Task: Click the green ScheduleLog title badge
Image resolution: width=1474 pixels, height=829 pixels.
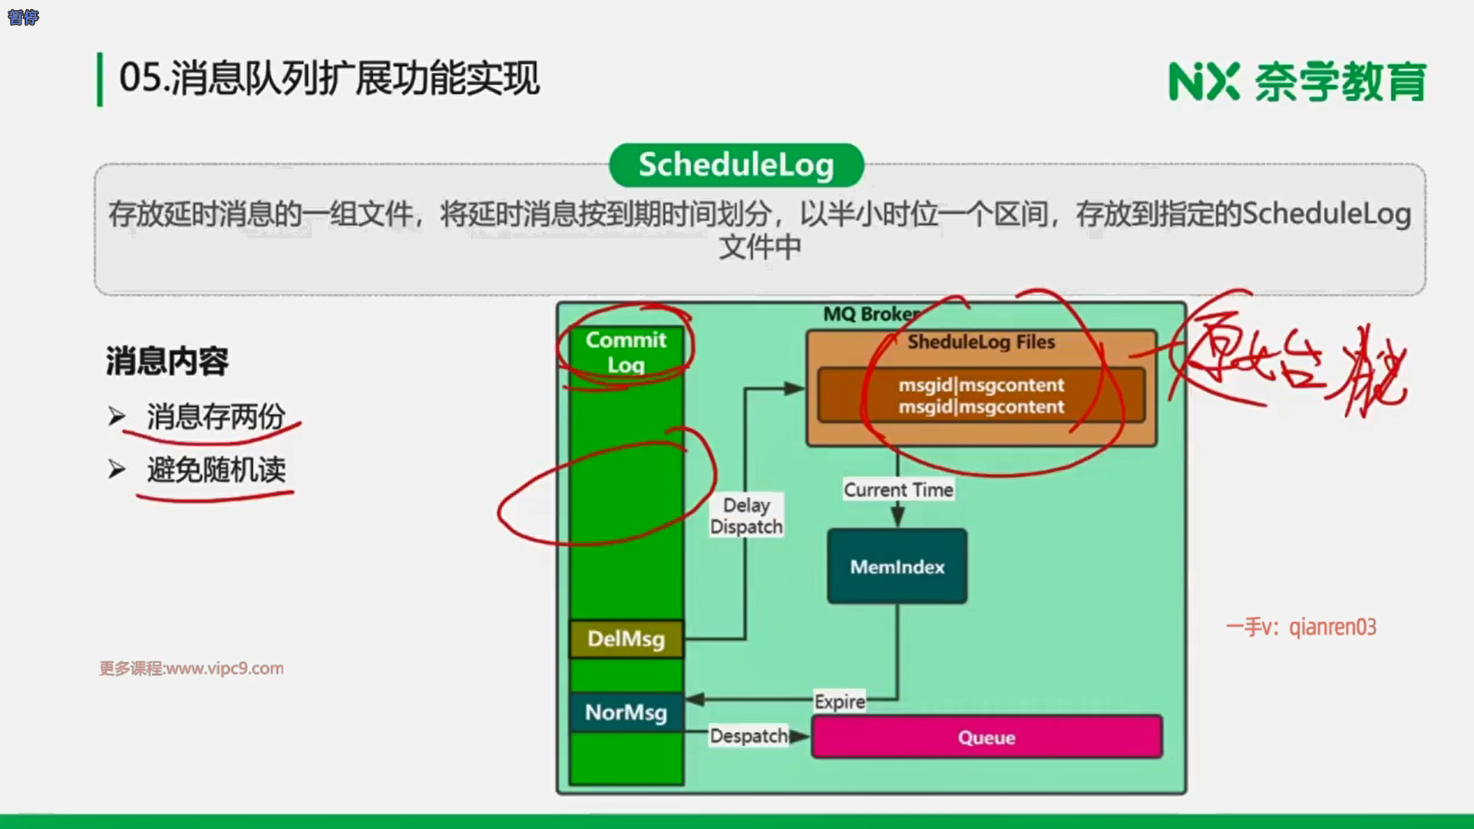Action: [735, 165]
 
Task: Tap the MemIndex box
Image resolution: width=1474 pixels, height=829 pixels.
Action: [897, 566]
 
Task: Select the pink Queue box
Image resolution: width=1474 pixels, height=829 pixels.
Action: [987, 737]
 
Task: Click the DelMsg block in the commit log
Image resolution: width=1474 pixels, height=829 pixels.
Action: [626, 639]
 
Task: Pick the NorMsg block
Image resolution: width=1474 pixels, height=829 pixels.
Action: [626, 712]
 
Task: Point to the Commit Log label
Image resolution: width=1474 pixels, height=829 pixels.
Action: [626, 352]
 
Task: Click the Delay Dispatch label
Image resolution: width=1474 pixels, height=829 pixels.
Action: [746, 516]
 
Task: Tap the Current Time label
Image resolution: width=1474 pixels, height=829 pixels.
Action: [898, 490]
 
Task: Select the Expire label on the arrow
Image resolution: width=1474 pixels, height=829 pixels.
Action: [839, 702]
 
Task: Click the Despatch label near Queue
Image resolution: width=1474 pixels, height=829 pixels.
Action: [749, 736]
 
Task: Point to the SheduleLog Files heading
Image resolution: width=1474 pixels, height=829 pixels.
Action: [981, 342]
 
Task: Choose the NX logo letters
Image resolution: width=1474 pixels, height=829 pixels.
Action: [1203, 81]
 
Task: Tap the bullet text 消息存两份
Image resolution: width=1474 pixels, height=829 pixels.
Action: [216, 417]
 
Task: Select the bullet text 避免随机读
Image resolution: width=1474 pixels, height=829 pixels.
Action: [216, 470]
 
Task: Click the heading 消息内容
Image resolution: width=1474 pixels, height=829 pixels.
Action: [167, 361]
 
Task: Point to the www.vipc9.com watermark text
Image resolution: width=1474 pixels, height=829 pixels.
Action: [191, 669]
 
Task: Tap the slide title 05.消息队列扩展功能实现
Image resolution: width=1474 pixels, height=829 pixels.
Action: [329, 78]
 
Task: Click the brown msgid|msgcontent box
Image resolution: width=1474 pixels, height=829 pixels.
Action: [981, 395]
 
